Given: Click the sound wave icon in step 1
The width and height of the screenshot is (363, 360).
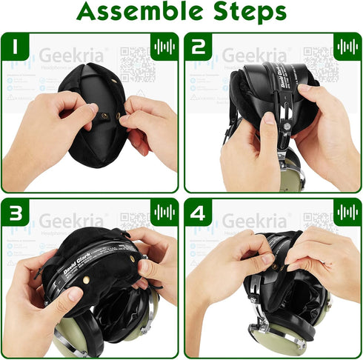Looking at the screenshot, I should pos(164,47).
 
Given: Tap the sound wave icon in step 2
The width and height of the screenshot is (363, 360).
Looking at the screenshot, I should pos(347,47).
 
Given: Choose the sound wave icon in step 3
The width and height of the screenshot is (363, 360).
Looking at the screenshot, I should pos(164,213).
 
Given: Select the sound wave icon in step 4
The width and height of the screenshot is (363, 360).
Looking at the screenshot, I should pos(347,213).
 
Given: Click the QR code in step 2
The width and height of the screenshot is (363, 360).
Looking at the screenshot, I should pos(320,62).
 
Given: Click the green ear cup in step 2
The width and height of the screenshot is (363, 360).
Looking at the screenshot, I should pos(294,176).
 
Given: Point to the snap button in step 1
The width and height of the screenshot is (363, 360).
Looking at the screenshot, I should pos(104,115).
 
